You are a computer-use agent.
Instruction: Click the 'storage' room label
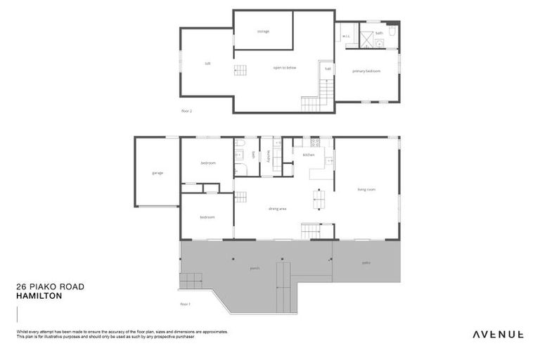click(x=263, y=32)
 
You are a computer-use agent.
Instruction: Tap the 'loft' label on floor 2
click(x=207, y=63)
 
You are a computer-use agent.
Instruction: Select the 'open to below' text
click(x=285, y=67)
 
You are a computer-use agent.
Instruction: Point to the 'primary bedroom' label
click(x=366, y=71)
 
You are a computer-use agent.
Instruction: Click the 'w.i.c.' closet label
click(x=347, y=37)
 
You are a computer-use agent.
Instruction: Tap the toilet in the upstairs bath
click(x=392, y=32)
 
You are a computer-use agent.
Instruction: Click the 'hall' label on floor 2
click(x=328, y=68)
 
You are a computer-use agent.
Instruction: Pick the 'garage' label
click(x=157, y=172)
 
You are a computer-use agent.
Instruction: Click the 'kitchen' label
click(x=309, y=155)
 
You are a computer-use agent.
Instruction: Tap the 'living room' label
click(x=366, y=189)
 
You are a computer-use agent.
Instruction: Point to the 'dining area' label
click(x=277, y=209)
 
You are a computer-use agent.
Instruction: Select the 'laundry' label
click(x=268, y=156)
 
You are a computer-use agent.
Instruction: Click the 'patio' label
click(x=366, y=262)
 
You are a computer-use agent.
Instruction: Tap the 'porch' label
click(x=255, y=269)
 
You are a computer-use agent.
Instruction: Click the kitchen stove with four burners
click(x=316, y=143)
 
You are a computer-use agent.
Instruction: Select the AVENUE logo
click(x=498, y=334)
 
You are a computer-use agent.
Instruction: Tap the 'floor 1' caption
click(x=186, y=304)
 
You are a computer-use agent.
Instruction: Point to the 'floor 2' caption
click(x=186, y=110)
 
